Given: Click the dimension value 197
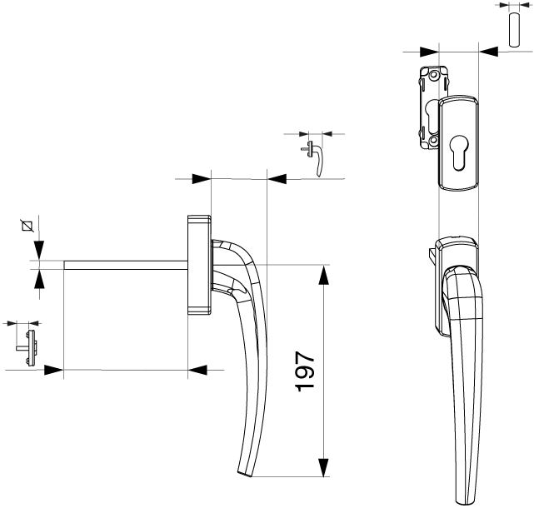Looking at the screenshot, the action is [304, 371].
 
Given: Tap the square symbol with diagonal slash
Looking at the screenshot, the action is [27, 226].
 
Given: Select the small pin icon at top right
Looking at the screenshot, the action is [513, 30].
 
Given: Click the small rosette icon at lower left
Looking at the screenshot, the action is [28, 347].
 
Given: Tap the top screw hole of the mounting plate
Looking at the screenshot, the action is [433, 75].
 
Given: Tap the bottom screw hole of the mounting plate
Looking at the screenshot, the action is [433, 140].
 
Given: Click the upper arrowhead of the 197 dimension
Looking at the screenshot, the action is [323, 275].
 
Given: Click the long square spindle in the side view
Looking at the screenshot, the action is [126, 265].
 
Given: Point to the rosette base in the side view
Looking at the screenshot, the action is [199, 264].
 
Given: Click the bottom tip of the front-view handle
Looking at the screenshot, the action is [462, 503].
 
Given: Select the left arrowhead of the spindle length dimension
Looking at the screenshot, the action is [54, 370].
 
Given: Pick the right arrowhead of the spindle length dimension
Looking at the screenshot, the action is [197, 370].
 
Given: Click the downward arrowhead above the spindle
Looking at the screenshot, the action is [39, 251].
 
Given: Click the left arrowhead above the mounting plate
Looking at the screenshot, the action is [429, 52].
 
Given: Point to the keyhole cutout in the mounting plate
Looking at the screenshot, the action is [431, 116].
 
